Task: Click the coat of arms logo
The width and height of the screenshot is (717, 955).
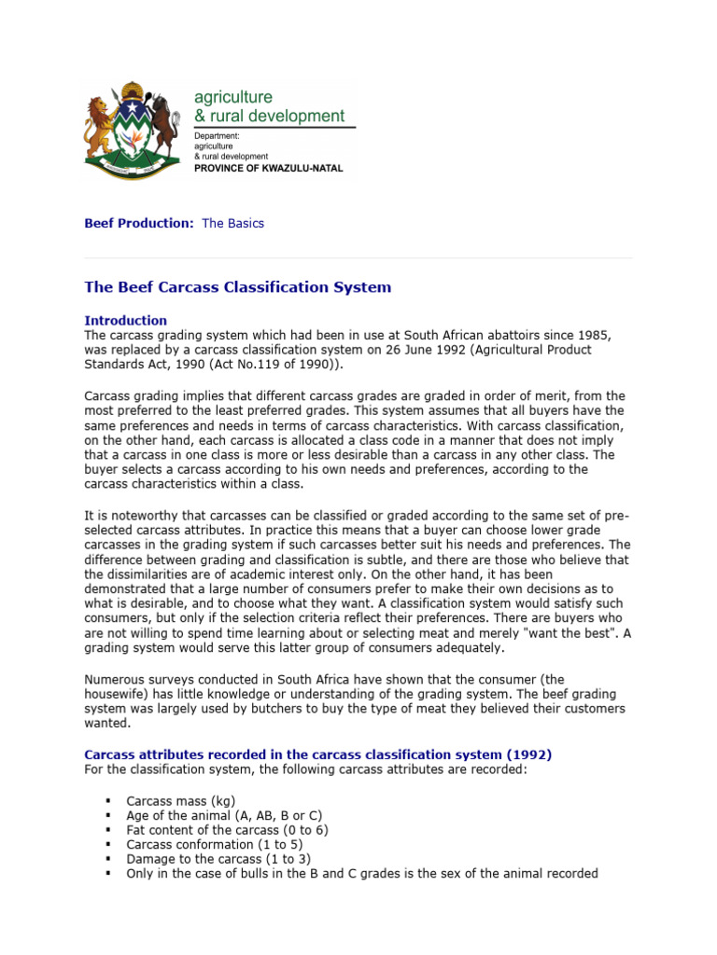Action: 131,130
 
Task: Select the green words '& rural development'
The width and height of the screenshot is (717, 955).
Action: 269,117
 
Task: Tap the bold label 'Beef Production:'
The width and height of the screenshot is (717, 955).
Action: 139,224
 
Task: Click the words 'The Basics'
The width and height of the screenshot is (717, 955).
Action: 233,224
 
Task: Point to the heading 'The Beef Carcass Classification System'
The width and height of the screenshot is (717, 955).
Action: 238,287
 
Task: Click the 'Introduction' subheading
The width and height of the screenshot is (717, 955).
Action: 126,321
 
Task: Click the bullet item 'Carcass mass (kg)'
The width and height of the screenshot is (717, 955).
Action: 181,800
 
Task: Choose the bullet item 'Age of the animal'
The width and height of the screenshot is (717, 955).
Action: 224,815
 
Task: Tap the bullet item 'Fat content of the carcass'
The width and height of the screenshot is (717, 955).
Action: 227,829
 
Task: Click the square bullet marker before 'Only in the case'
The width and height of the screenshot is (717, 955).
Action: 109,874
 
